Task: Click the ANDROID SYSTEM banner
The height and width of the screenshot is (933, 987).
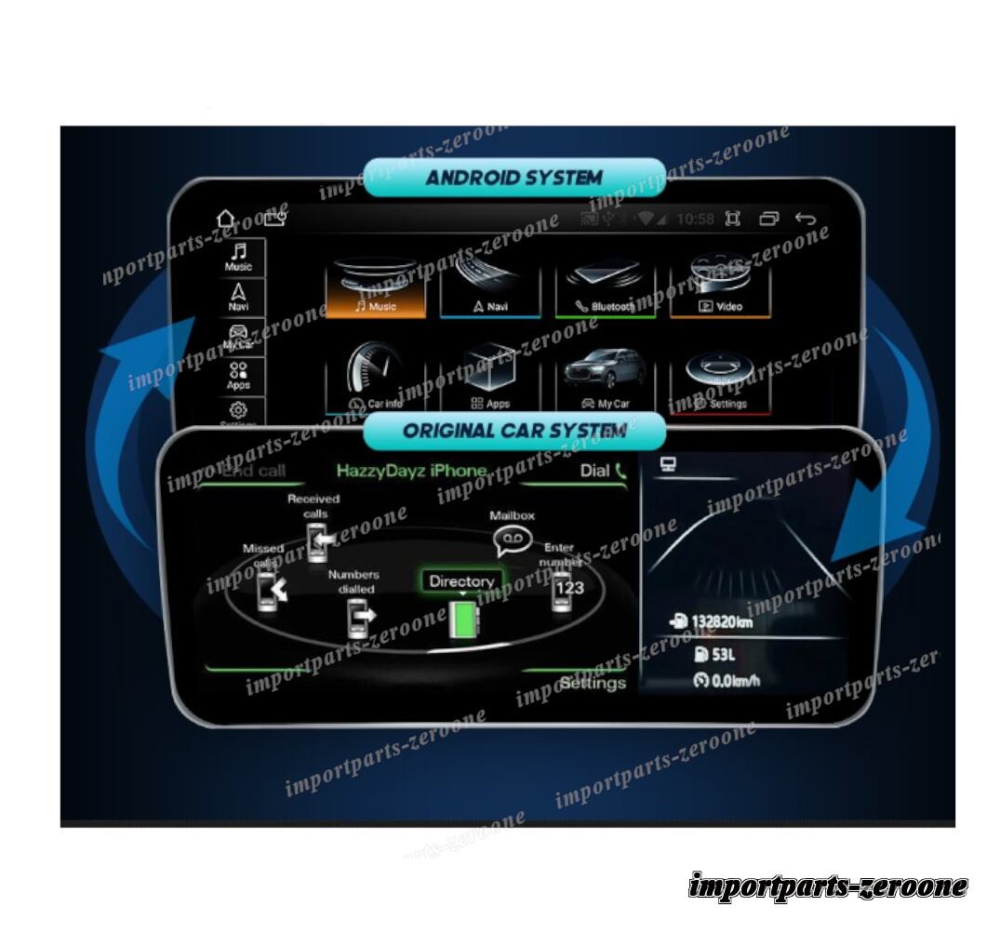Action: click(x=514, y=177)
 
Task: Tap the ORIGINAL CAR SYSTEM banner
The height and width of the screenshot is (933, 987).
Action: click(x=514, y=431)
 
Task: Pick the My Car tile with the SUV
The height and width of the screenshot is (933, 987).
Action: click(x=606, y=381)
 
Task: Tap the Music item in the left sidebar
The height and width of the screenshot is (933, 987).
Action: click(x=238, y=257)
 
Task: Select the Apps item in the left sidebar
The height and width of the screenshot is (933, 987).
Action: click(x=238, y=375)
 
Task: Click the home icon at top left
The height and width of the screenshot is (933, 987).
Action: click(x=226, y=220)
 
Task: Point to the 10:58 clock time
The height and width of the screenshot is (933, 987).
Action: click(x=695, y=220)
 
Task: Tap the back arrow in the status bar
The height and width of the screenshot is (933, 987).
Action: click(x=805, y=220)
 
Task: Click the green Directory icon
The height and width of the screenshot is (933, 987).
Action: click(x=461, y=620)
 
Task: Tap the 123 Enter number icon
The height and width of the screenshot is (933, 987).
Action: click(x=565, y=590)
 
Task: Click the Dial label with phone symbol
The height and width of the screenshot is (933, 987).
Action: click(x=603, y=471)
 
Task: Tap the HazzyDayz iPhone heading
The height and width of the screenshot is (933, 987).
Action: click(x=411, y=471)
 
